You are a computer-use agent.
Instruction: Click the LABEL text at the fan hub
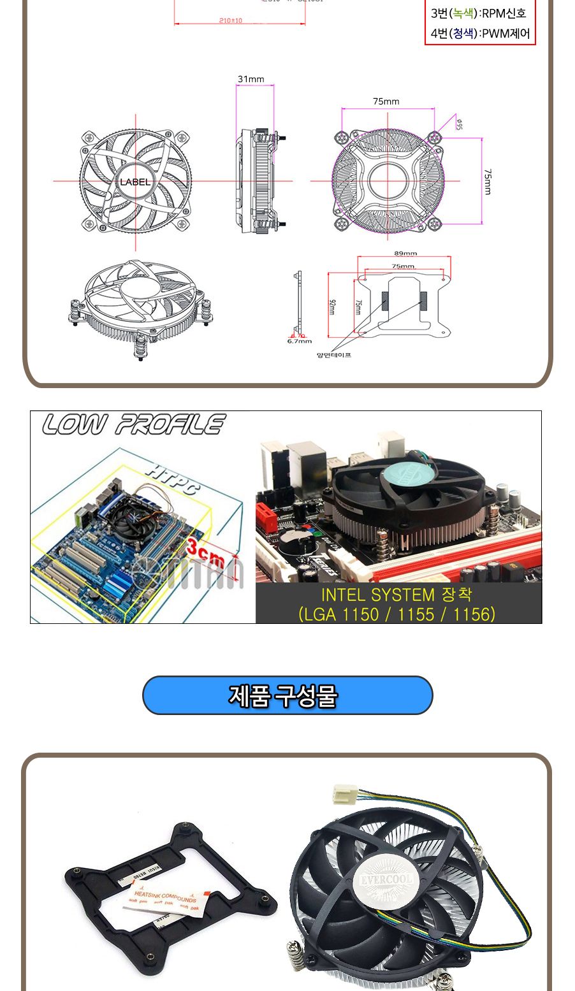(135, 182)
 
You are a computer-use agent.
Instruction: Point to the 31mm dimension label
(251, 79)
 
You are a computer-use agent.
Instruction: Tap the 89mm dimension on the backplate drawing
(405, 254)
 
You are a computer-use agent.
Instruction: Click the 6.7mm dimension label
(299, 341)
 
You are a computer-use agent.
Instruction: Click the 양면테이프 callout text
(333, 355)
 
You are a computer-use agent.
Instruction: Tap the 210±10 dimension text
(230, 20)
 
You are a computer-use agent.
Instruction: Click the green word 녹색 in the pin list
(463, 13)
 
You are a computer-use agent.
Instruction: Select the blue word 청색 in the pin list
(463, 33)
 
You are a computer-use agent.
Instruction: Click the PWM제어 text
(506, 33)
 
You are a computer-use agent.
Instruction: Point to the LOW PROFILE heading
(134, 425)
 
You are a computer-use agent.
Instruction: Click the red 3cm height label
(205, 553)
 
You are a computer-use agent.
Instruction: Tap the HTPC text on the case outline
(172, 479)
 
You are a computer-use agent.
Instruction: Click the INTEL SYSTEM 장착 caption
(397, 595)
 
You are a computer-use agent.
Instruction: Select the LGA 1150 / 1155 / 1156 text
(397, 614)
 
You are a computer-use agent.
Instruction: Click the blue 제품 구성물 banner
(287, 695)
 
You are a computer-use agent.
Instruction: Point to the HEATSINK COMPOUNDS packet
(163, 899)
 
